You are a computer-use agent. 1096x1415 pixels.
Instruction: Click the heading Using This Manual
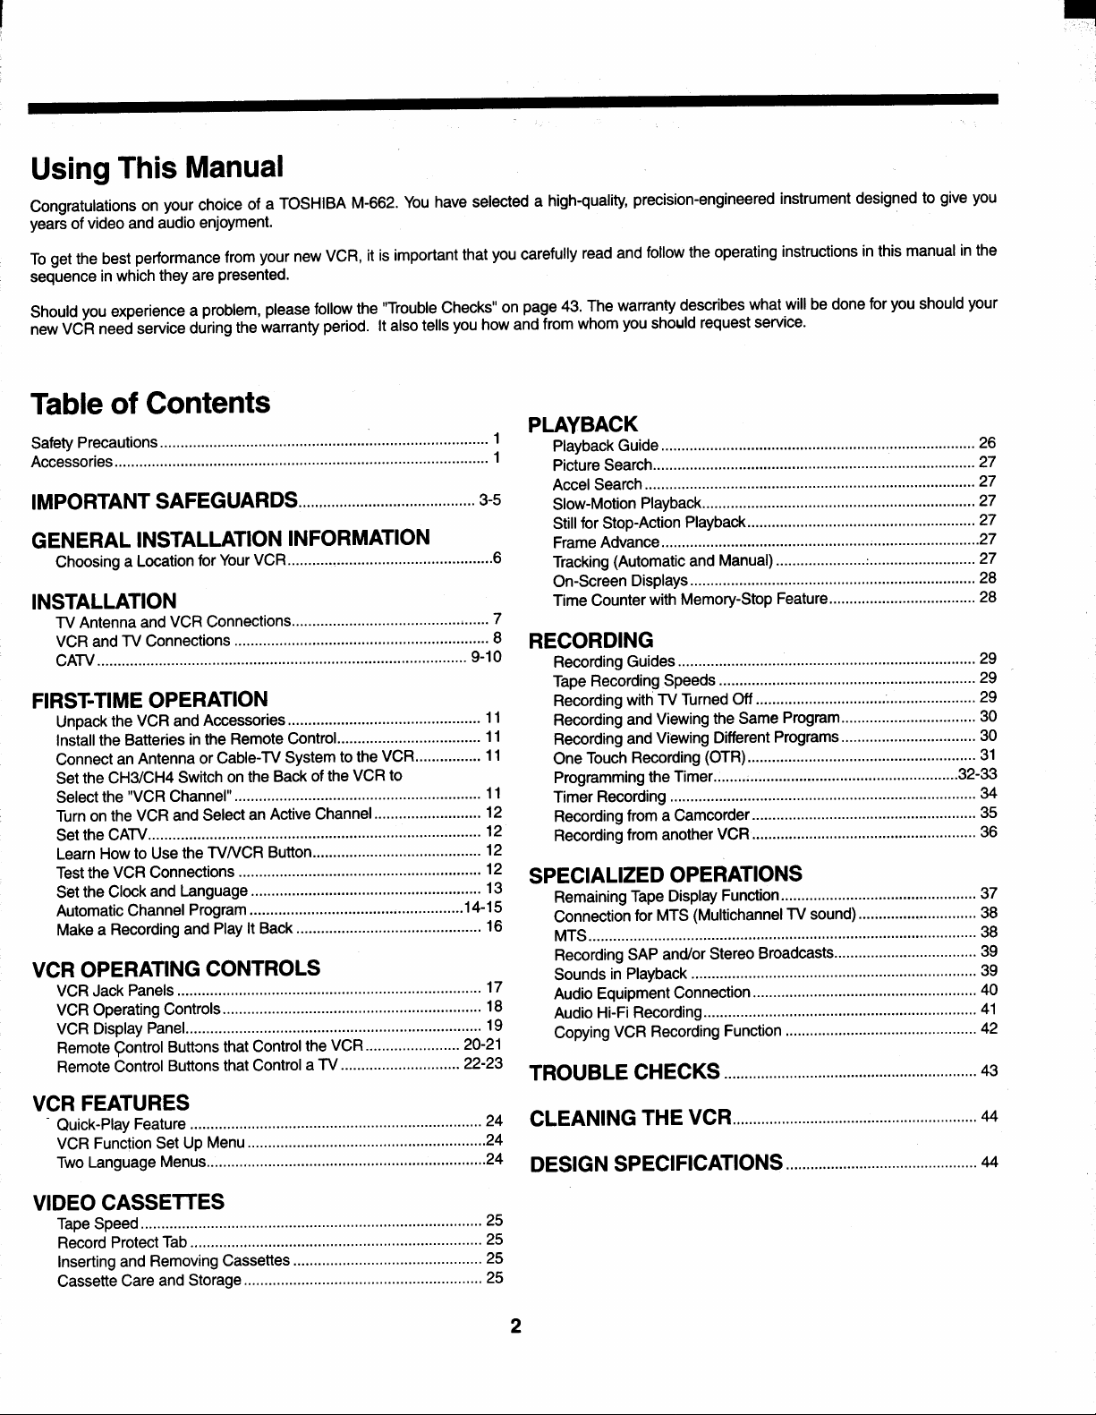(x=157, y=167)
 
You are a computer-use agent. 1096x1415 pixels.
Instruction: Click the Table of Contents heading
(x=150, y=403)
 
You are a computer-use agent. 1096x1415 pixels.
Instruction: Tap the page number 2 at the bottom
(x=515, y=1325)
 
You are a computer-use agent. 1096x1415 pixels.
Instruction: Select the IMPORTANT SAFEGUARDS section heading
(x=165, y=499)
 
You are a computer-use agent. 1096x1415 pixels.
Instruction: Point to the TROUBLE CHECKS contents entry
(x=624, y=1071)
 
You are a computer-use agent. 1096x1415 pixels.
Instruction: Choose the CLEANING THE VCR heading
(x=632, y=1118)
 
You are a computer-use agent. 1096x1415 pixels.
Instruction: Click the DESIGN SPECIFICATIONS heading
(x=657, y=1164)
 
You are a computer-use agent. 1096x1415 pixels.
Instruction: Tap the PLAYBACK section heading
(x=583, y=423)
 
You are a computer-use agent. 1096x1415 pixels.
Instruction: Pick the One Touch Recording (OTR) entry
(x=650, y=757)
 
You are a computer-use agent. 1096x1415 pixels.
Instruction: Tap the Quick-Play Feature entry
(x=121, y=1124)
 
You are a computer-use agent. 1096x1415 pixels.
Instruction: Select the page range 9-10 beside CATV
(x=485, y=658)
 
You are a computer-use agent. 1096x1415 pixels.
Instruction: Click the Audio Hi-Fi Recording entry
(x=627, y=1012)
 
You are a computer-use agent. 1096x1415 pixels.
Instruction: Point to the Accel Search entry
(x=598, y=484)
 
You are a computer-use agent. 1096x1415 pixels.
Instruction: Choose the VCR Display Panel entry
(x=121, y=1027)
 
